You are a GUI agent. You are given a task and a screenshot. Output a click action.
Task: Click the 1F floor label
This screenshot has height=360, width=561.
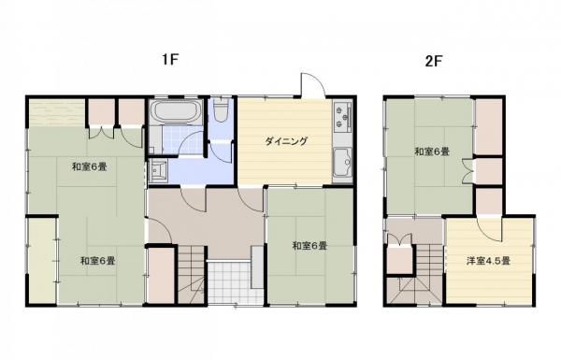tap(169, 59)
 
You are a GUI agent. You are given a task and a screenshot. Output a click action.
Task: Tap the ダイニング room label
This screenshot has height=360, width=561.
tap(285, 142)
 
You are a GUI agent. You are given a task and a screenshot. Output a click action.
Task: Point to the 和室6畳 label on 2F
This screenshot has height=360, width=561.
tap(433, 151)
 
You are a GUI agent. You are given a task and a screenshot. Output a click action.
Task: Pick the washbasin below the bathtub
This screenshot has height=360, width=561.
tap(157, 170)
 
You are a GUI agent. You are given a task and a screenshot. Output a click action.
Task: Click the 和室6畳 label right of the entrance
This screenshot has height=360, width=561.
tap(309, 246)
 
